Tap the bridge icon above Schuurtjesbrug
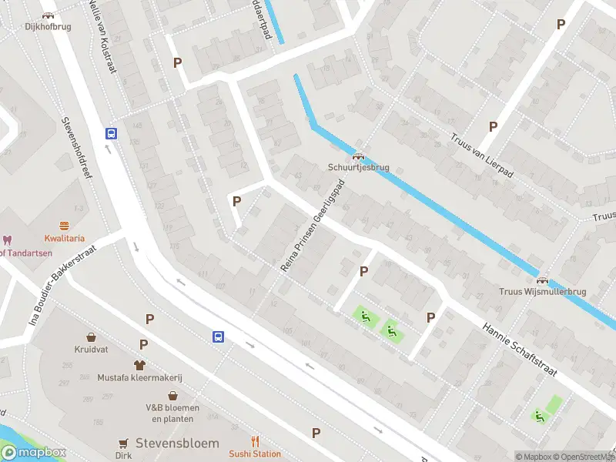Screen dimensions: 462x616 pos(358,156)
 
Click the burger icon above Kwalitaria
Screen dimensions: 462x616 pos(64,226)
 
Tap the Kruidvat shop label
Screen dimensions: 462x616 pos(92,349)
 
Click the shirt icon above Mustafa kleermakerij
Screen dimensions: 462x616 pos(139,365)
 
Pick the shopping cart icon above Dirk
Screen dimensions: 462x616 pos(123,443)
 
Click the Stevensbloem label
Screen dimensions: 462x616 pos(177,444)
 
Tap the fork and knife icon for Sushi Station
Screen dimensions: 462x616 pos(255,442)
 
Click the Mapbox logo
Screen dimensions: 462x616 pos(34,453)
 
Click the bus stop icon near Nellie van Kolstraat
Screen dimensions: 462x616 pos(112,133)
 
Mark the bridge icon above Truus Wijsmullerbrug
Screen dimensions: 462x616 pos(542,281)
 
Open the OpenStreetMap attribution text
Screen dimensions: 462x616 pos(586,457)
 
